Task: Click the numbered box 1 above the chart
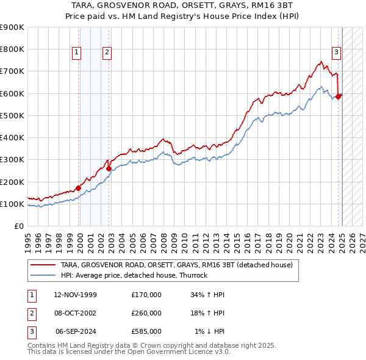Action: coord(77,52)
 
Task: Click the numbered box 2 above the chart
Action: coord(107,52)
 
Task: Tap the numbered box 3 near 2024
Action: coord(336,52)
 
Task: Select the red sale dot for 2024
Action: coord(338,96)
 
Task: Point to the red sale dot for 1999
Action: coord(78,188)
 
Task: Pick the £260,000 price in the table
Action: coord(146,313)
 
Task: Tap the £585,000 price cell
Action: coord(146,331)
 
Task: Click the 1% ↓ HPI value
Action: coord(210,331)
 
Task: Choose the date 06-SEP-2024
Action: coord(76,331)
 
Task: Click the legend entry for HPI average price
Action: coord(134,275)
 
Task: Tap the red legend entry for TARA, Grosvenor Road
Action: coord(177,265)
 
